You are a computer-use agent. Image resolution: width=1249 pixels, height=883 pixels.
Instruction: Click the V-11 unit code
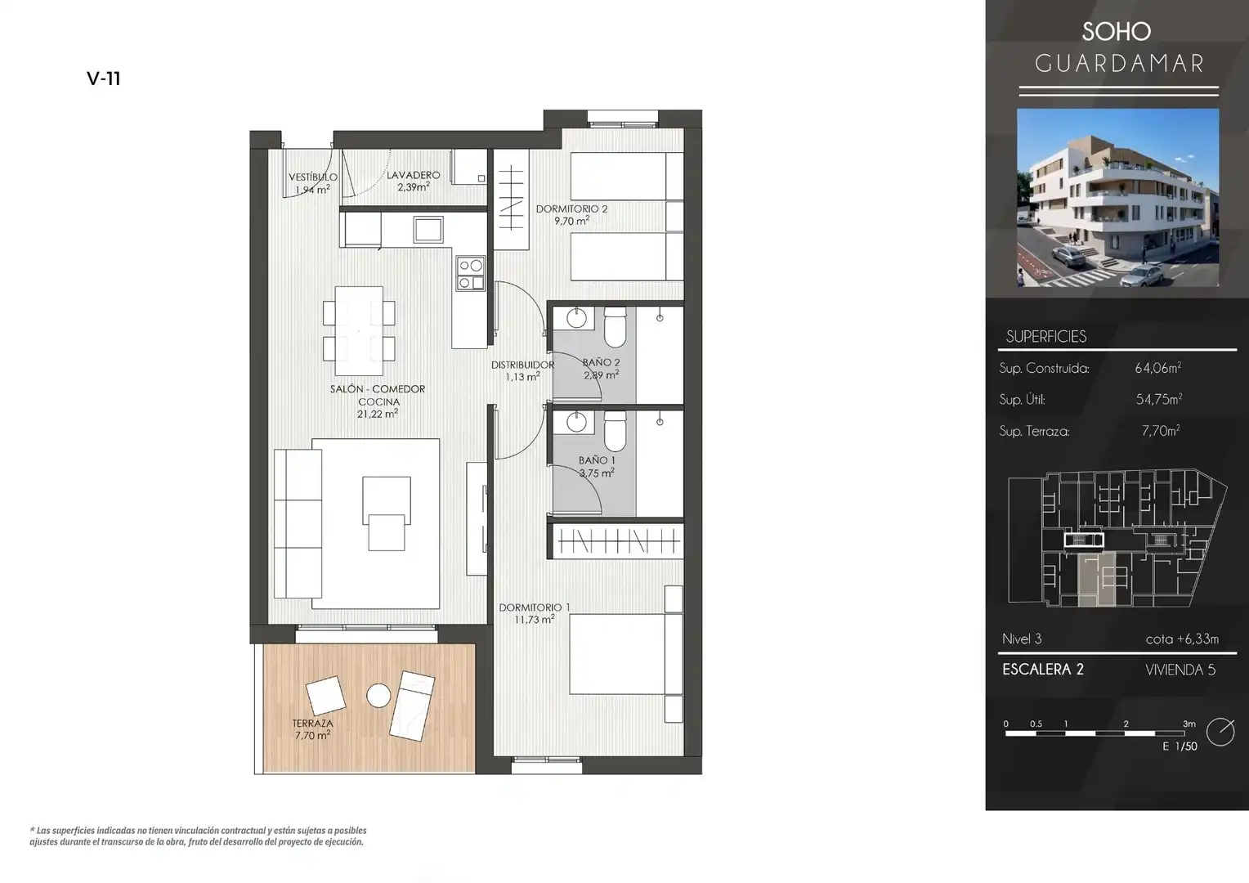104,78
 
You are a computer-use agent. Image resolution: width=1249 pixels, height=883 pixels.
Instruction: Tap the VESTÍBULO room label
313,177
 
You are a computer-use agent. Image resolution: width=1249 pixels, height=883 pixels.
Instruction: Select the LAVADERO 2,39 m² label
413,182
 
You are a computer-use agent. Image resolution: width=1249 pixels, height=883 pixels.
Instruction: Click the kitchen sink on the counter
428,229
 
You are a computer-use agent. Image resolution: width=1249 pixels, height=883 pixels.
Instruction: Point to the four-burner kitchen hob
471,273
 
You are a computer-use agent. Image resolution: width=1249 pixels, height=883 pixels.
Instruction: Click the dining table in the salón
359,331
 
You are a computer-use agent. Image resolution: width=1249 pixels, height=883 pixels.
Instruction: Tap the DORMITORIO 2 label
571,209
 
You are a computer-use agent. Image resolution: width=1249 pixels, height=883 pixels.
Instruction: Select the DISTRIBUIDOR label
522,365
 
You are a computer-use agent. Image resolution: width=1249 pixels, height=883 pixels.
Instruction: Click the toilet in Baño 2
615,326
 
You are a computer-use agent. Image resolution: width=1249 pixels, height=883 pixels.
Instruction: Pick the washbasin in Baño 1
576,422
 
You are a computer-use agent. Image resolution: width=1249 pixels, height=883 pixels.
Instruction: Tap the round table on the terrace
378,696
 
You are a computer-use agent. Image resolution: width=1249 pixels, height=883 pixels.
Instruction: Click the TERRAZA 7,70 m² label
313,729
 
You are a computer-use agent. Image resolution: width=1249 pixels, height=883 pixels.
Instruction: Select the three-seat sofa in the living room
298,524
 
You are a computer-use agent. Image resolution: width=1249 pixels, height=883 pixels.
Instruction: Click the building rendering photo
1117,198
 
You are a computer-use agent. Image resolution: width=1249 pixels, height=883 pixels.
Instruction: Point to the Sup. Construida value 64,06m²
1158,368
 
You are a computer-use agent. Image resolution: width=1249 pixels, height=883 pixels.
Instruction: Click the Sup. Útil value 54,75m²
1159,399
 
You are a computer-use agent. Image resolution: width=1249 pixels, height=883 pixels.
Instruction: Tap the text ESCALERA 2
1043,670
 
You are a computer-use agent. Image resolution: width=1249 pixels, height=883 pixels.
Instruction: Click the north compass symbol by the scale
1220,732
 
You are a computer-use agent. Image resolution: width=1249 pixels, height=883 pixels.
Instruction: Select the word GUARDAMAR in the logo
1119,64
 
